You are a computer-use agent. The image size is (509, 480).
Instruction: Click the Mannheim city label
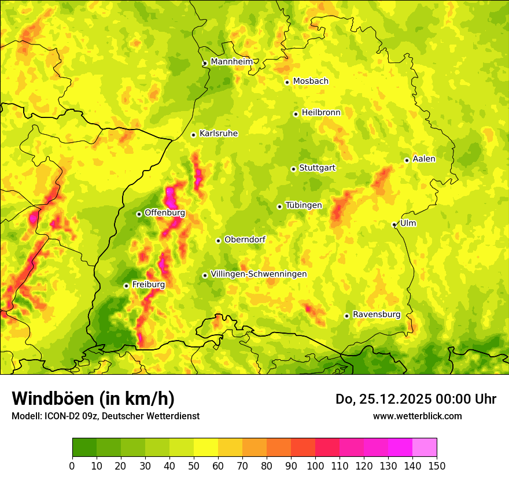point(231,61)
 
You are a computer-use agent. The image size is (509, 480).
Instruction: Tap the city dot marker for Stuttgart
point(293,169)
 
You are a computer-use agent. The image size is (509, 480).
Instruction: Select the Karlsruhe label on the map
point(218,134)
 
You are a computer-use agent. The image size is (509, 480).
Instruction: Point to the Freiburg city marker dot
point(126,286)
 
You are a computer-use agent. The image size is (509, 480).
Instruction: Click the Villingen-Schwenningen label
point(259,274)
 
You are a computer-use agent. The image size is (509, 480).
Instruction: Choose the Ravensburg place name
point(376,315)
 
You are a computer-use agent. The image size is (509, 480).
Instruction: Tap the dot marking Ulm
point(394,224)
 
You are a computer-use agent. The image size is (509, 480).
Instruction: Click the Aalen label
point(423,159)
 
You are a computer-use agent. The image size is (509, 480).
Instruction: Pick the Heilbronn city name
point(320,113)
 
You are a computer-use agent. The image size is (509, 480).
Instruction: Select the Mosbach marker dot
point(287,82)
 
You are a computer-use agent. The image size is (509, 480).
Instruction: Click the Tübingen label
point(303,205)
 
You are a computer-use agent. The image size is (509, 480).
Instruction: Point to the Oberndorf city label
point(245,239)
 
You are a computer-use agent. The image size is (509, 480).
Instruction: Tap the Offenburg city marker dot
point(139,214)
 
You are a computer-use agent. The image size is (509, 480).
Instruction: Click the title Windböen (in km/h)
point(93,398)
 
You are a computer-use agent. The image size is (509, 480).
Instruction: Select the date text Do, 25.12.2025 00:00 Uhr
point(415,399)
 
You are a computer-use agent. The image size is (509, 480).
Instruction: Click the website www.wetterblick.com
point(417,416)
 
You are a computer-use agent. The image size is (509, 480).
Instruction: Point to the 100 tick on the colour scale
point(315,466)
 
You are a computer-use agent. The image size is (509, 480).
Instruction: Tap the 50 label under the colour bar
point(194,466)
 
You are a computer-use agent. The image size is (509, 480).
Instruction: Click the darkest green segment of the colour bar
point(84,447)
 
